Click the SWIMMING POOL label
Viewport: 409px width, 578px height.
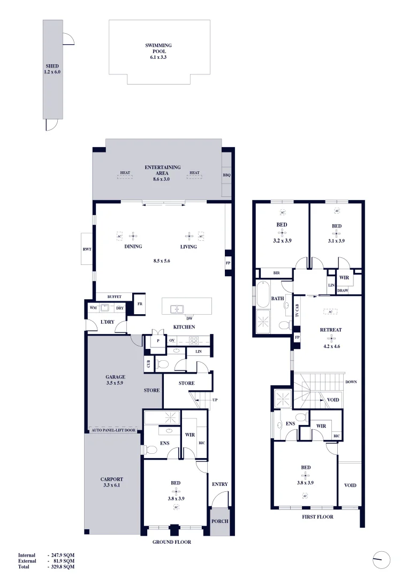coord(158,51)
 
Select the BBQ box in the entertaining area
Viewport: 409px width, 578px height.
coord(226,175)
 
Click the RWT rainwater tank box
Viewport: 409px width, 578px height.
coord(87,249)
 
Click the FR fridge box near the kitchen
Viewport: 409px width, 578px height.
coord(140,303)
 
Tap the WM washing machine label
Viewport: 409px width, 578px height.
coord(93,308)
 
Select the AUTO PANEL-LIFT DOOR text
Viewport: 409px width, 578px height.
coord(114,430)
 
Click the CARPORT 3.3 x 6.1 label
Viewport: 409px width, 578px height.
coord(112,483)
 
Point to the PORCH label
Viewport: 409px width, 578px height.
coord(220,522)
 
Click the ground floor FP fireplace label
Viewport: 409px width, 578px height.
coord(228,263)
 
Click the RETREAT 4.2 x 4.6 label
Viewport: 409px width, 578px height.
coord(331,334)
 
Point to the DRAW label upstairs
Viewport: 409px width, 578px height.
coord(343,290)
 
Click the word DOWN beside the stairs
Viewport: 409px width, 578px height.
coord(351,382)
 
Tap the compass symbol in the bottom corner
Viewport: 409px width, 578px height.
coord(382,560)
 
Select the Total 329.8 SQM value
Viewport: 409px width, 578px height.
coord(62,566)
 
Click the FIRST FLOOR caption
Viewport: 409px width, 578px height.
coord(318,517)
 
